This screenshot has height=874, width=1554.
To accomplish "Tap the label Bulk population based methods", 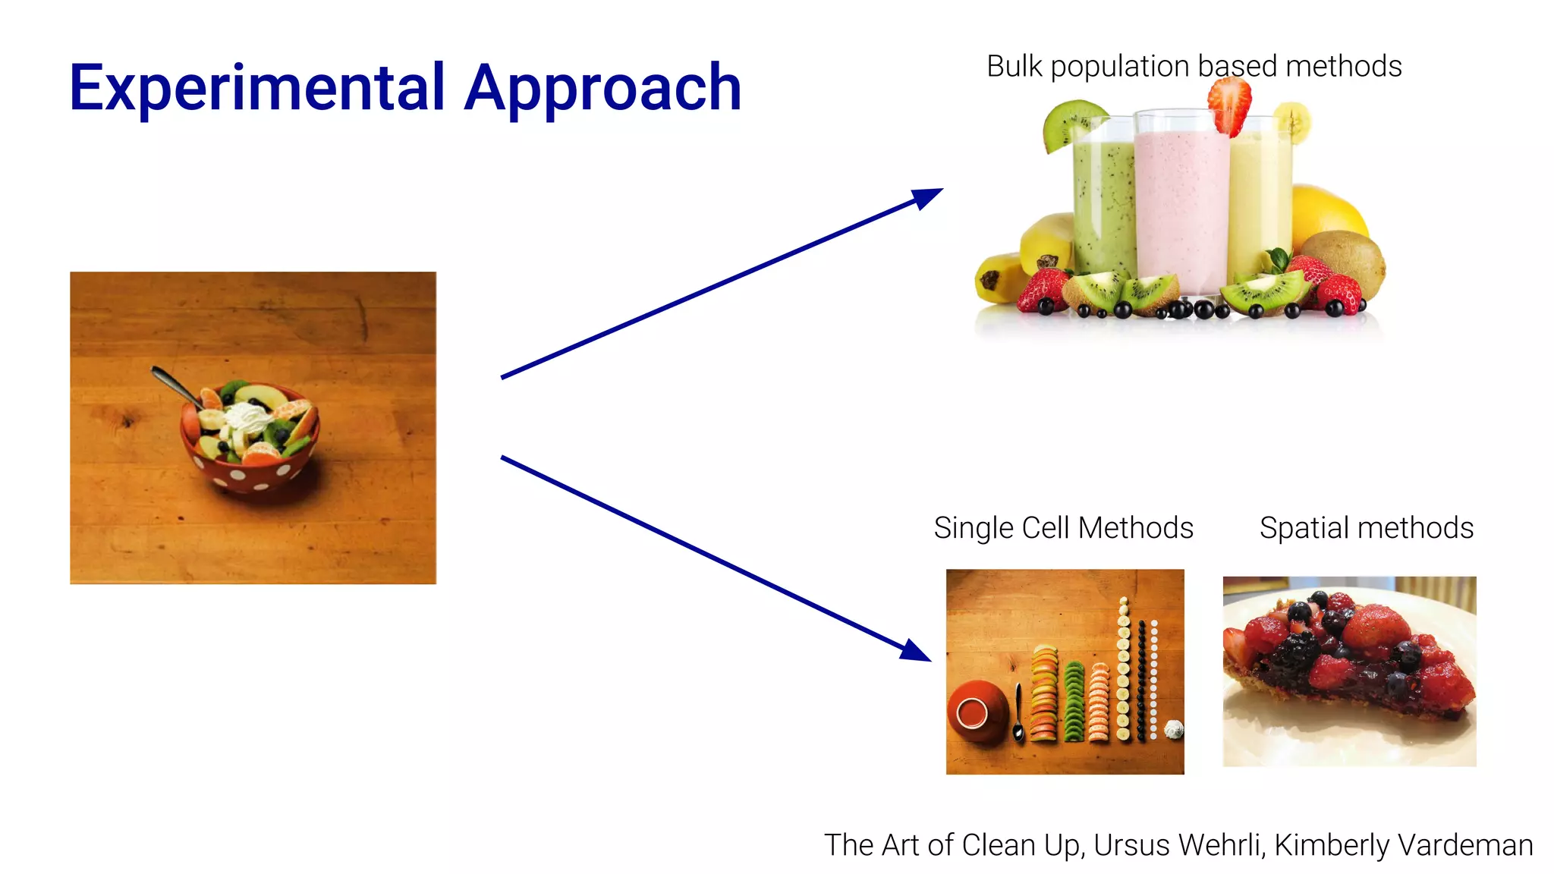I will tap(1194, 67).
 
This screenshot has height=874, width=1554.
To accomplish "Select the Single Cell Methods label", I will tap(1063, 528).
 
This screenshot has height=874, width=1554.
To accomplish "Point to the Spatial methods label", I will tap(1366, 528).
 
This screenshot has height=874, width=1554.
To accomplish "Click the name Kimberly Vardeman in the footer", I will tap(1404, 845).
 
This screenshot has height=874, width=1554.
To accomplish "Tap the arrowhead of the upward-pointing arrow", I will tap(927, 197).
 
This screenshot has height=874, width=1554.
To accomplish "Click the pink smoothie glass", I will tap(1181, 205).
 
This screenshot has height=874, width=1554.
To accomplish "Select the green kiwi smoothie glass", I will tap(1104, 205).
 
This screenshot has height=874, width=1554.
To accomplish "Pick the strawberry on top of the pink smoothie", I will tap(1229, 106).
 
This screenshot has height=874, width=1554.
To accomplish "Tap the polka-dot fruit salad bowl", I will tap(250, 455).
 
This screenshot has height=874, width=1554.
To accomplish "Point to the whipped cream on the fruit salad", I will tap(247, 417).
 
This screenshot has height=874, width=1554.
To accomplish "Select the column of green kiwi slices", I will tap(1074, 702).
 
